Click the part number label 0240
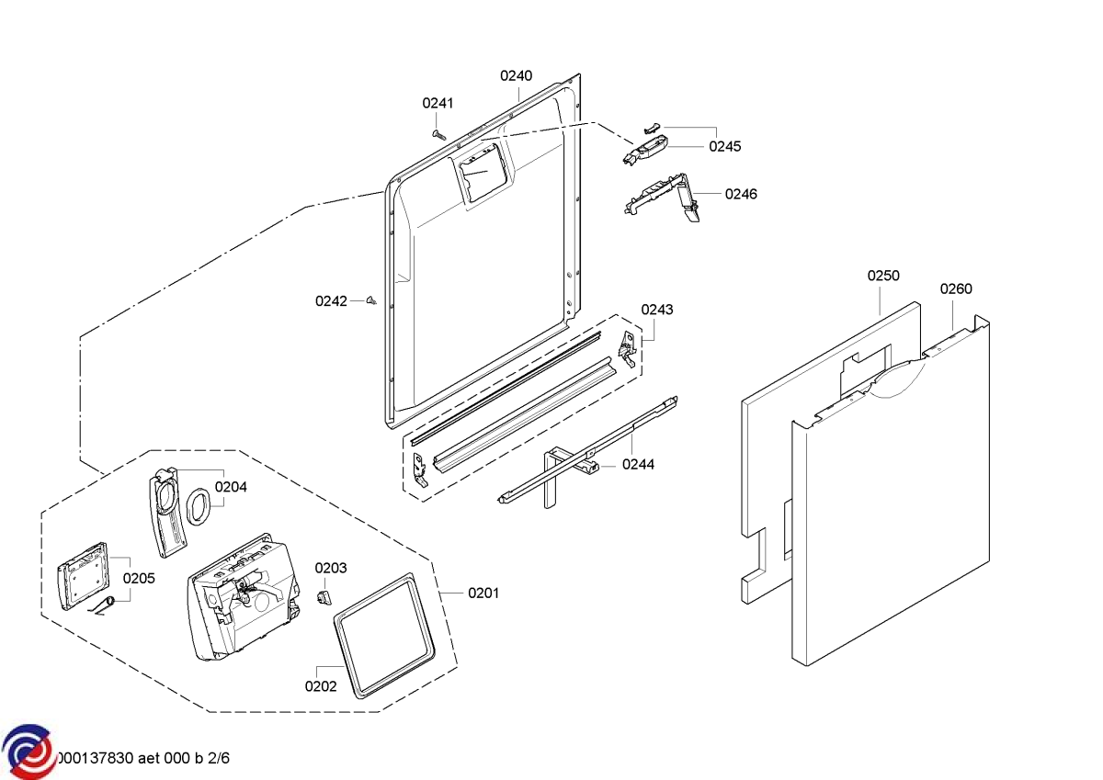(516, 76)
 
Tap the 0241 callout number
(438, 104)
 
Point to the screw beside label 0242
(371, 300)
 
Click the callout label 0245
(724, 147)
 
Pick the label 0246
(741, 194)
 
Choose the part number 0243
(657, 310)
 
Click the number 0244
(638, 465)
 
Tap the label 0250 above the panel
(883, 277)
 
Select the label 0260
(955, 289)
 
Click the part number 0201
(483, 593)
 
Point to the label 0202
(321, 686)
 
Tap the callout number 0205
(139, 579)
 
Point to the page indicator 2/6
(216, 759)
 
